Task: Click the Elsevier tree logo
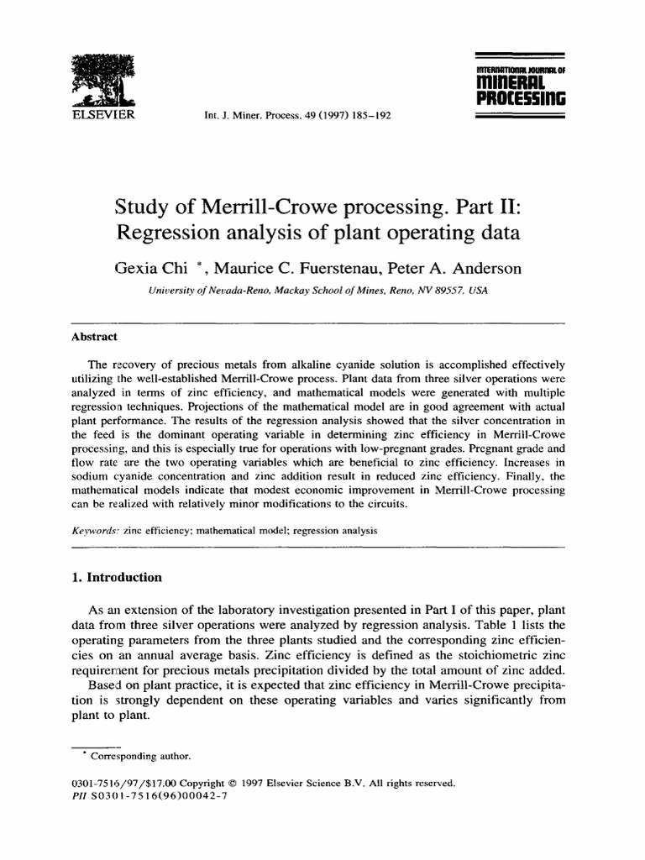(x=97, y=78)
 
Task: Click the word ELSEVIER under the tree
(x=98, y=113)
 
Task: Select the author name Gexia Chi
(x=144, y=269)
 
